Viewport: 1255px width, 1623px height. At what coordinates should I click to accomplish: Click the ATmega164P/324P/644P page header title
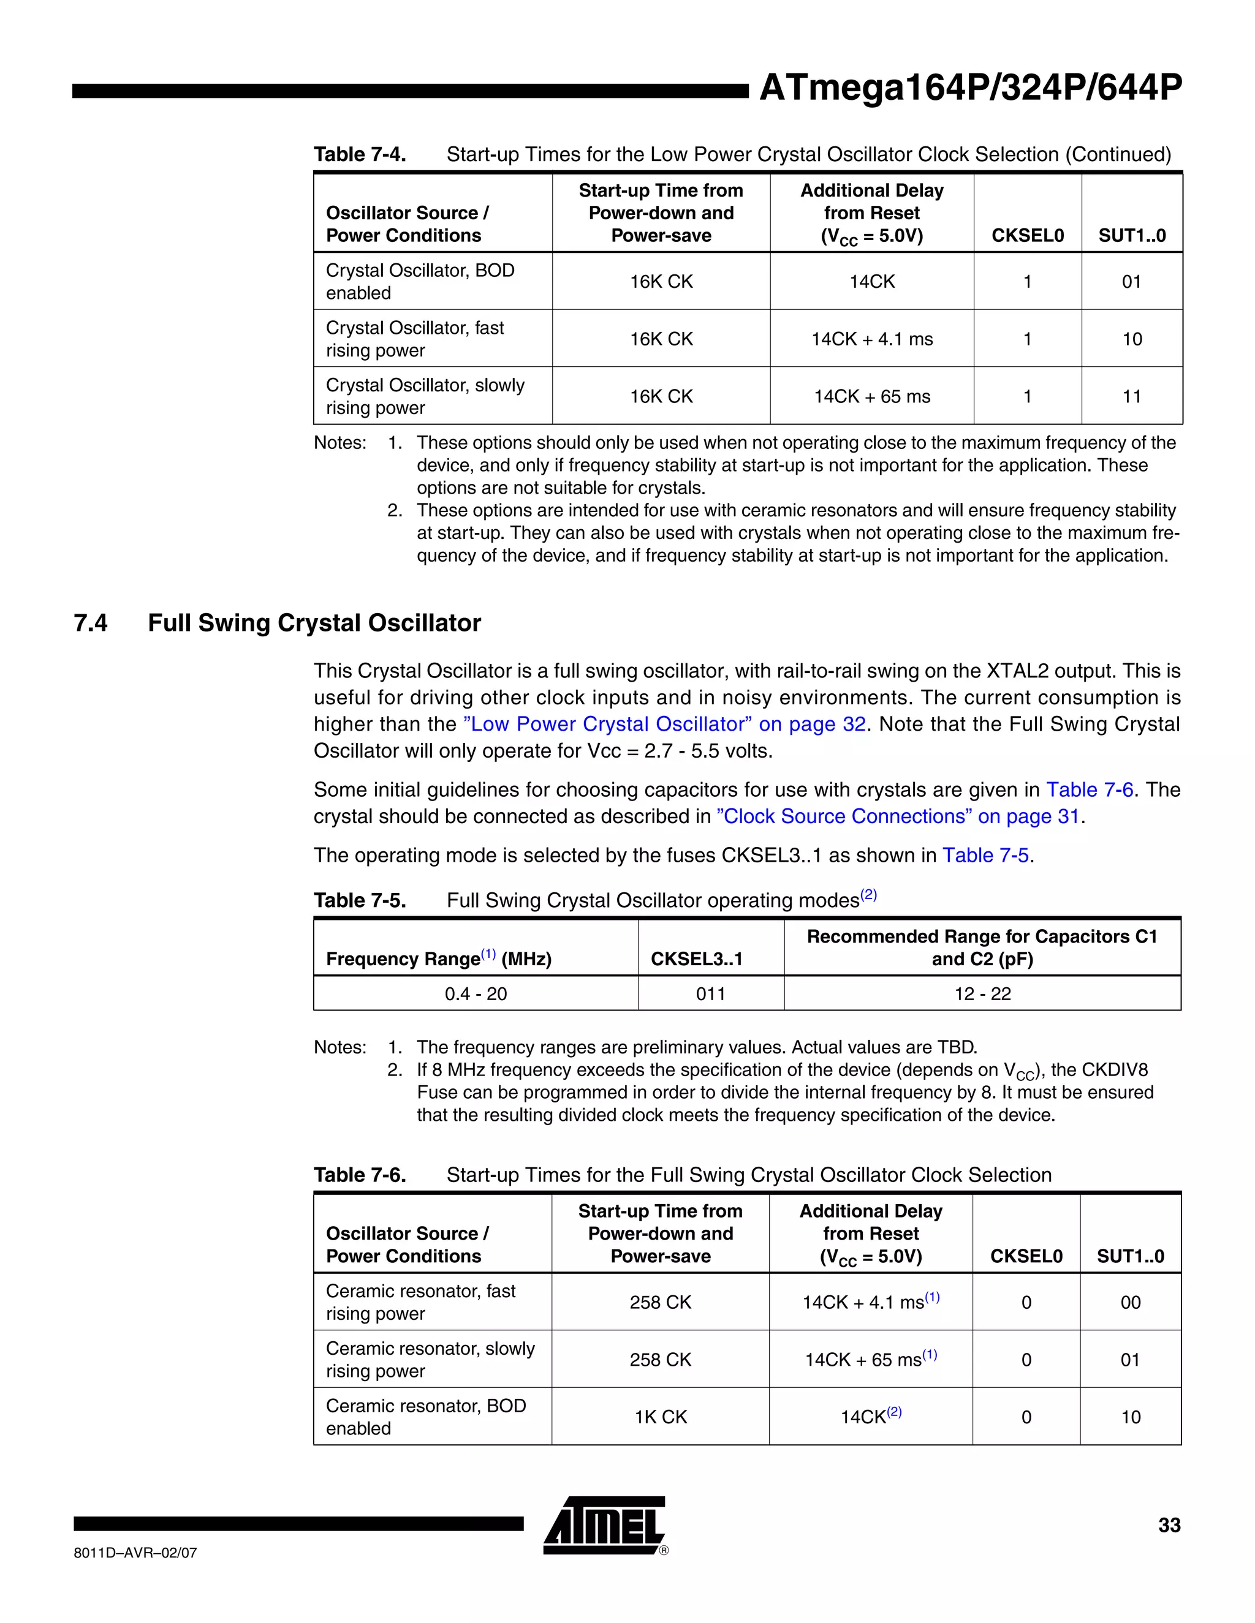[969, 88]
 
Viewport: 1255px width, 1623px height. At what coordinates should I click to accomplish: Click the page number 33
[1169, 1525]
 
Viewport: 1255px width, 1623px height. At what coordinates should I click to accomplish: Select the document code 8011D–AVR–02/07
[135, 1553]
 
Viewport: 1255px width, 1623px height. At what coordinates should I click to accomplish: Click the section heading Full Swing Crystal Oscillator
[314, 623]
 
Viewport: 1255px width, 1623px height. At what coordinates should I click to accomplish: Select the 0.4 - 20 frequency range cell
[476, 993]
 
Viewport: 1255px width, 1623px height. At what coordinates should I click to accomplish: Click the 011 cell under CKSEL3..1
[710, 993]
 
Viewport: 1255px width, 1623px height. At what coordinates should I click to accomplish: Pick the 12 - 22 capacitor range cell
[982, 993]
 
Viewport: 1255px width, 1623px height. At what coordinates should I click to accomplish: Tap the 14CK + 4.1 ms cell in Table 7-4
[871, 339]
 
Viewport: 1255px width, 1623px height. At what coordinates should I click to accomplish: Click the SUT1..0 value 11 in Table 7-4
[1132, 397]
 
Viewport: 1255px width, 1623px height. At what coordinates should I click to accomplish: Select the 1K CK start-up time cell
[660, 1417]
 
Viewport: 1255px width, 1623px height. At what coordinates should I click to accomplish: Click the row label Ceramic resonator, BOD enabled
[425, 1417]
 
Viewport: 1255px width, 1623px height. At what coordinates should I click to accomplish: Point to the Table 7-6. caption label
[360, 1175]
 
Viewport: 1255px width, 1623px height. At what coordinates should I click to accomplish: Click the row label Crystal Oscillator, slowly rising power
[425, 396]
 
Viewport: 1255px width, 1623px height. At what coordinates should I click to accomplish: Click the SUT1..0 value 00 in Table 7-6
[1130, 1302]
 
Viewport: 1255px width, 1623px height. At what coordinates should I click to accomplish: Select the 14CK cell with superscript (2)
[871, 1417]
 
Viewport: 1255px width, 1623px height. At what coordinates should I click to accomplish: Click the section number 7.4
[91, 623]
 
